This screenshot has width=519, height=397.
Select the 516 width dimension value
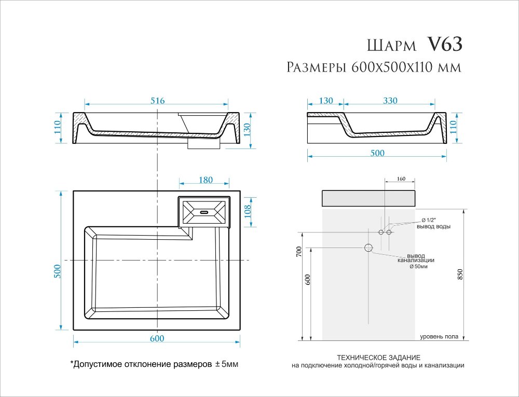157,101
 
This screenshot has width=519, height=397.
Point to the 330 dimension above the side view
390,101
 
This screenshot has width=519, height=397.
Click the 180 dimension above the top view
206,180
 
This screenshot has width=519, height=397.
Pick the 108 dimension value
248,211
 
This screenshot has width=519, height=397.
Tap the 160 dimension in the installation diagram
400,179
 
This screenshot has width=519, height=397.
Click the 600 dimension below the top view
157,338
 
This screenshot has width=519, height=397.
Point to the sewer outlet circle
369,248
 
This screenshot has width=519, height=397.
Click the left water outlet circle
380,232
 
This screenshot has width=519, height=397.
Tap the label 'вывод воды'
433,227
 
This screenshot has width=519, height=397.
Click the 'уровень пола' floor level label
439,337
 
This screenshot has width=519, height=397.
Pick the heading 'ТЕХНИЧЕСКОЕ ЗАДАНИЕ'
378,358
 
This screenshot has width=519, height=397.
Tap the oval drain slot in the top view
203,211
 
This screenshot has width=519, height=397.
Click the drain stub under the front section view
196,145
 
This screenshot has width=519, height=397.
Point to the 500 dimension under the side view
377,153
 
